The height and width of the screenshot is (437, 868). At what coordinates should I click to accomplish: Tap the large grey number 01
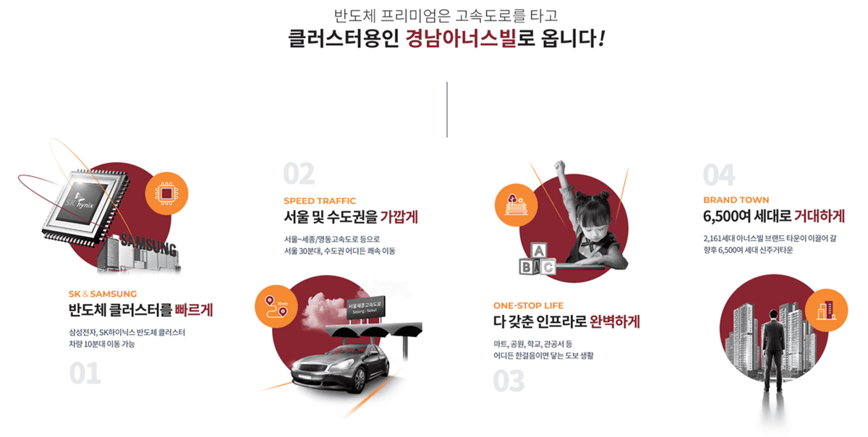click(x=85, y=373)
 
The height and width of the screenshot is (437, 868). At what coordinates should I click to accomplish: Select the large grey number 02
click(x=299, y=174)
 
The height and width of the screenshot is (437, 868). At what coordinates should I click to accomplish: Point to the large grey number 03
click(x=509, y=381)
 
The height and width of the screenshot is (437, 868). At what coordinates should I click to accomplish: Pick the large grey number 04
click(x=719, y=174)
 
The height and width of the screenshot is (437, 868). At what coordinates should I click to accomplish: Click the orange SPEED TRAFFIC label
click(x=320, y=201)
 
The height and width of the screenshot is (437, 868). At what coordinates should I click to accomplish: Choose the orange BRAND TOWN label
click(x=736, y=200)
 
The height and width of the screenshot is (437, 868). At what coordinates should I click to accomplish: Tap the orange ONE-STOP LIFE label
click(x=528, y=305)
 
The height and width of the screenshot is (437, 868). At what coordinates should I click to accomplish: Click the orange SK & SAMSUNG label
click(x=102, y=294)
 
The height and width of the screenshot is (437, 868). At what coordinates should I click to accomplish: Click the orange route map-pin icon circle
click(x=276, y=307)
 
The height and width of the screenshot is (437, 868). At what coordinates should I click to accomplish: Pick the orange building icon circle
click(x=825, y=308)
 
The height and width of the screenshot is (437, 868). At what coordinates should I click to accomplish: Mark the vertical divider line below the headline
click(x=447, y=109)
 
